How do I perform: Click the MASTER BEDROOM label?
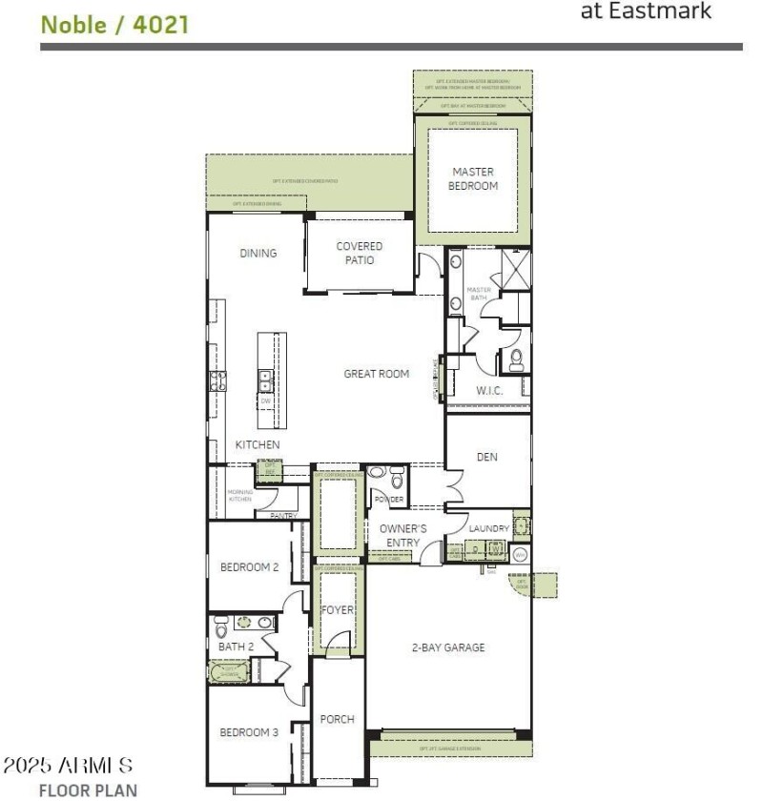click(x=473, y=179)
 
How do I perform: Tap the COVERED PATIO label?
click(x=360, y=253)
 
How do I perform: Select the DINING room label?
click(x=258, y=254)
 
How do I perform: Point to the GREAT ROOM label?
click(x=377, y=374)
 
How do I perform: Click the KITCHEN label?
click(x=258, y=445)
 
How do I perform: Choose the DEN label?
click(x=487, y=458)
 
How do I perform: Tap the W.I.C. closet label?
click(x=489, y=391)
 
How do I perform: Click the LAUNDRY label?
click(x=487, y=528)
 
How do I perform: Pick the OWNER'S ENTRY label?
click(x=403, y=536)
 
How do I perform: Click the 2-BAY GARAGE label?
click(x=448, y=647)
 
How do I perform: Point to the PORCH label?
click(x=338, y=720)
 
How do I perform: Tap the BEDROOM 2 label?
click(x=249, y=567)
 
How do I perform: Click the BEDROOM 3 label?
click(x=249, y=732)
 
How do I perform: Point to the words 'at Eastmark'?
click(x=646, y=12)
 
